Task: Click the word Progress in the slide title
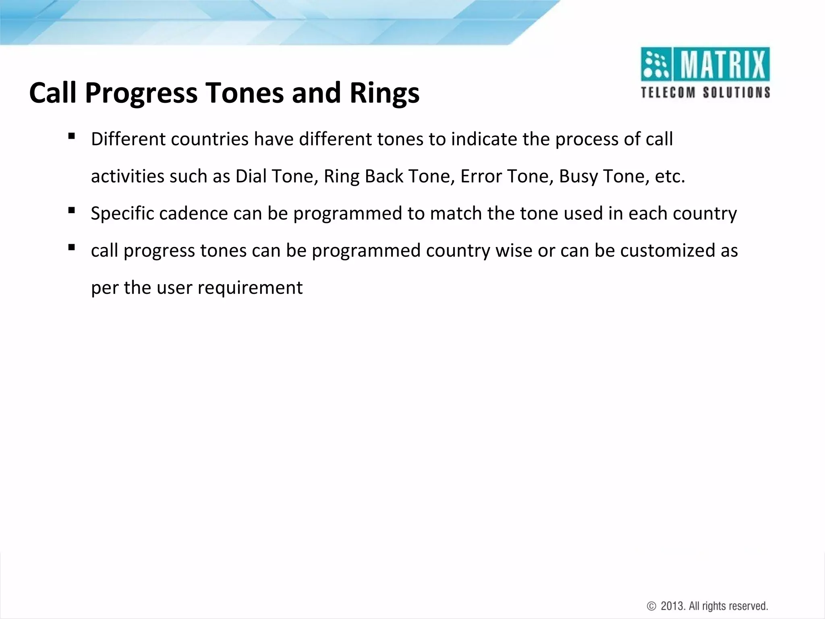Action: coord(141,93)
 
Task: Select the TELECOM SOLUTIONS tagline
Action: coord(705,92)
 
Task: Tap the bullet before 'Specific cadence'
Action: coord(72,210)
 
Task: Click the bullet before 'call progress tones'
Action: coord(72,247)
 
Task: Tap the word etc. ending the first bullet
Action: coord(670,177)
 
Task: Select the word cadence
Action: coord(193,214)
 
